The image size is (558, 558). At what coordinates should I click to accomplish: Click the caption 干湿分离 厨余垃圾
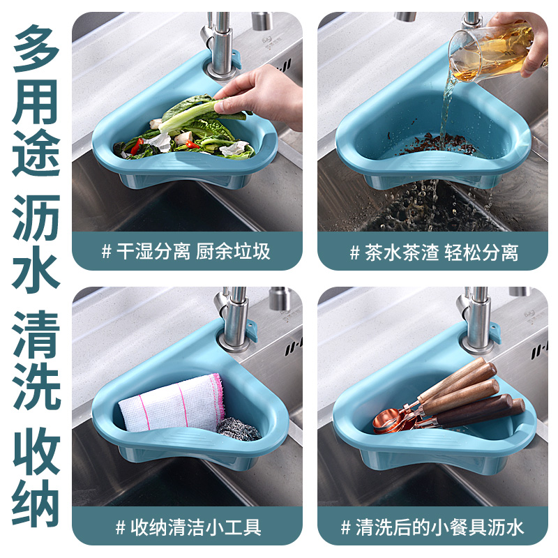(186, 252)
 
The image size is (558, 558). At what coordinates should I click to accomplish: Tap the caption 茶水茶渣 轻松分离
(433, 252)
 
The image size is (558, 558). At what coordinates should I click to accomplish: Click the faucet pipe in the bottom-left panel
(233, 314)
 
